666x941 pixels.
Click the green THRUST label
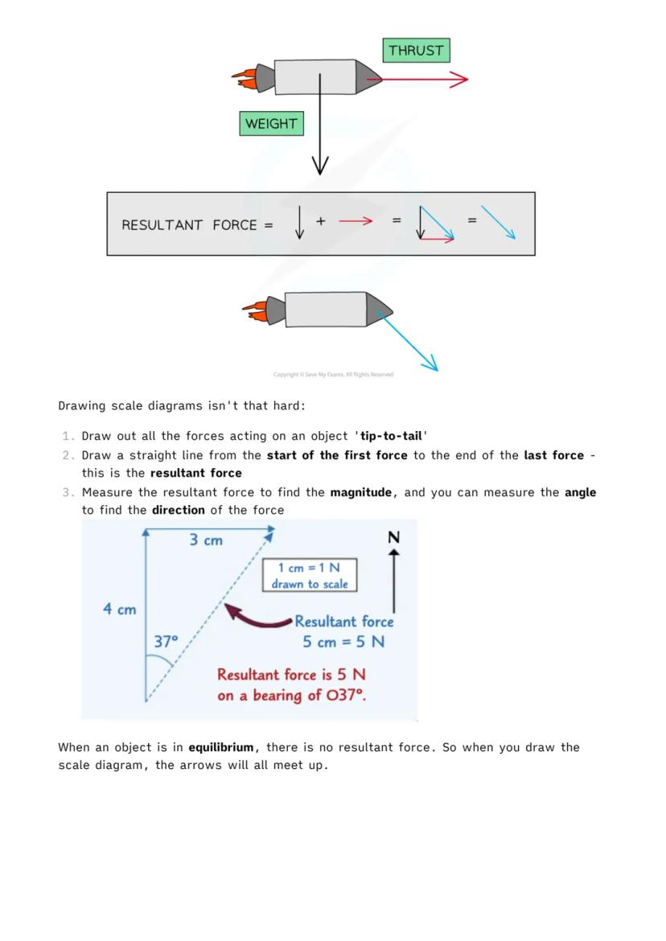[x=416, y=51]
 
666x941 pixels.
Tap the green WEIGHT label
[x=271, y=124]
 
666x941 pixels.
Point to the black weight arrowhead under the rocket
[x=320, y=165]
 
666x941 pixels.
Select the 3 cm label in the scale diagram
[x=206, y=540]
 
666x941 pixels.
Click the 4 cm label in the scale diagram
[x=119, y=610]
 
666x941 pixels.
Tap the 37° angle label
[x=166, y=642]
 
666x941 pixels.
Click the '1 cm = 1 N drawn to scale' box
[x=310, y=576]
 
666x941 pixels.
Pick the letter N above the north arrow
[x=393, y=537]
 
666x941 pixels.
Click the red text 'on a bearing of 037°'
[x=291, y=696]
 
